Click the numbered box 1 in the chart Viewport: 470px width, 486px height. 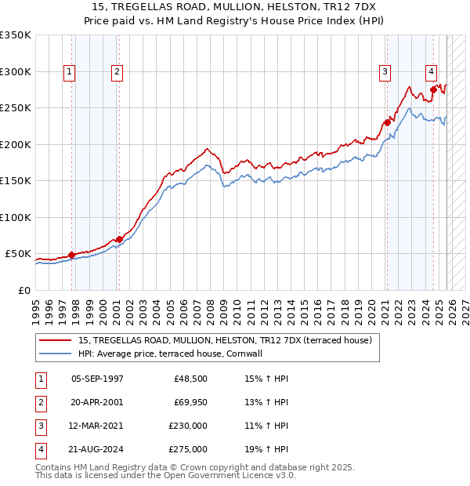[x=70, y=72]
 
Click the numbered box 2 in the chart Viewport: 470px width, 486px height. [x=117, y=72]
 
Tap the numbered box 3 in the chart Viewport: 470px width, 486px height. [x=385, y=72]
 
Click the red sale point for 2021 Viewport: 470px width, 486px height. [x=387, y=122]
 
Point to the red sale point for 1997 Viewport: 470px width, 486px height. [x=71, y=255]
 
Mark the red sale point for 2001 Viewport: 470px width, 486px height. [x=119, y=239]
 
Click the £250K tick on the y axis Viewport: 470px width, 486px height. [x=16, y=108]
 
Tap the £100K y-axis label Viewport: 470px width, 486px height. [x=16, y=218]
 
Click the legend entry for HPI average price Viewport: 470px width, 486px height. [x=169, y=354]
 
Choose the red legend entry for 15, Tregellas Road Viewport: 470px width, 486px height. [x=229, y=339]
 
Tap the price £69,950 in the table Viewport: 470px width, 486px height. [x=190, y=402]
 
